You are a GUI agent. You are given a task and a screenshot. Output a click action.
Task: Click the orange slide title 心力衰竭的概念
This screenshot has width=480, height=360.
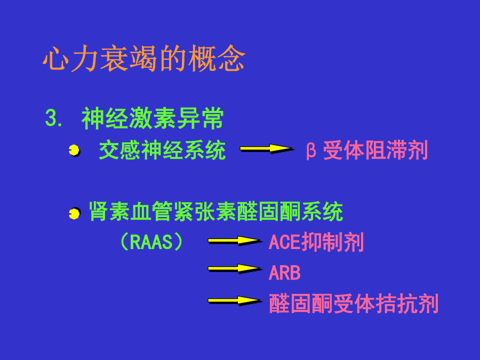coord(144,58)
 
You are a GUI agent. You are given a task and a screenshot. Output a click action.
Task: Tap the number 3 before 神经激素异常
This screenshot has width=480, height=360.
coord(51,118)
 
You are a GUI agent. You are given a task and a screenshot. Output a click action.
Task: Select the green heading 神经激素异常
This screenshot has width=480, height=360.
coord(153,118)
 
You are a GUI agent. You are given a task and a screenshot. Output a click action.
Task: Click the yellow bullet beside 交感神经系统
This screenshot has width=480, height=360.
coord(74,150)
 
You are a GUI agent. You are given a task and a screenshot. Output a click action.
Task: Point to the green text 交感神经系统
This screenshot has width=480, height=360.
coord(163,150)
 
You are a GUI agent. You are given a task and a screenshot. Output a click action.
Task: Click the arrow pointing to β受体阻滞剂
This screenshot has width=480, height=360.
coord(267,149)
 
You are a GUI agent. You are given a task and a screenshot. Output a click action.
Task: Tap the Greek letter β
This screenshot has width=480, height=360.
coord(311,150)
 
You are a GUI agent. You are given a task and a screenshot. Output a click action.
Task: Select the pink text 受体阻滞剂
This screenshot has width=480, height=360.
coord(375,150)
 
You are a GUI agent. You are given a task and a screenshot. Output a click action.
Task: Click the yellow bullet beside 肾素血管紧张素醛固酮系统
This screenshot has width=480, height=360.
coord(74,213)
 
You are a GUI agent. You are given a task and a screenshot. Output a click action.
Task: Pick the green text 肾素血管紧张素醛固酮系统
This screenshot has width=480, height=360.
coord(216,211)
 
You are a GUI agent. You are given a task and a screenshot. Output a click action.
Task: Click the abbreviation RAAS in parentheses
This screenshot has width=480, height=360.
coord(151,242)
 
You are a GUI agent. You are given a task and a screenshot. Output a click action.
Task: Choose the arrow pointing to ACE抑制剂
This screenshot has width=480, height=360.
coord(235,241)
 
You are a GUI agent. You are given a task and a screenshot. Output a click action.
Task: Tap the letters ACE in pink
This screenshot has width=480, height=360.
coord(284,242)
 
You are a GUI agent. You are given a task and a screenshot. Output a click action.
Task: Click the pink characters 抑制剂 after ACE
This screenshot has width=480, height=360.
coord(332,242)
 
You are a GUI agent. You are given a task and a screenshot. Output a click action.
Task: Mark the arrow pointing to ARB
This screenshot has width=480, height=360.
coord(235,269)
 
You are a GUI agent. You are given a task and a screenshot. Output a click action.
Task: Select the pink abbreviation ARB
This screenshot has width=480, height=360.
coord(284,273)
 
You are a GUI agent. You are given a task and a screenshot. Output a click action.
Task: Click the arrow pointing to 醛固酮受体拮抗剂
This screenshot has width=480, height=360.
coord(235,301)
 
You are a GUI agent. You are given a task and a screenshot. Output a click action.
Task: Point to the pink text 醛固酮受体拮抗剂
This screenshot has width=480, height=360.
coord(354,303)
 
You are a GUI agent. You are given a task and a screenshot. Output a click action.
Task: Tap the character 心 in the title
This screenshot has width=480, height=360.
coord(55,59)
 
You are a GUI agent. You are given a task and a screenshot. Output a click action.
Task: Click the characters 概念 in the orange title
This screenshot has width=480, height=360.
coord(217,58)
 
